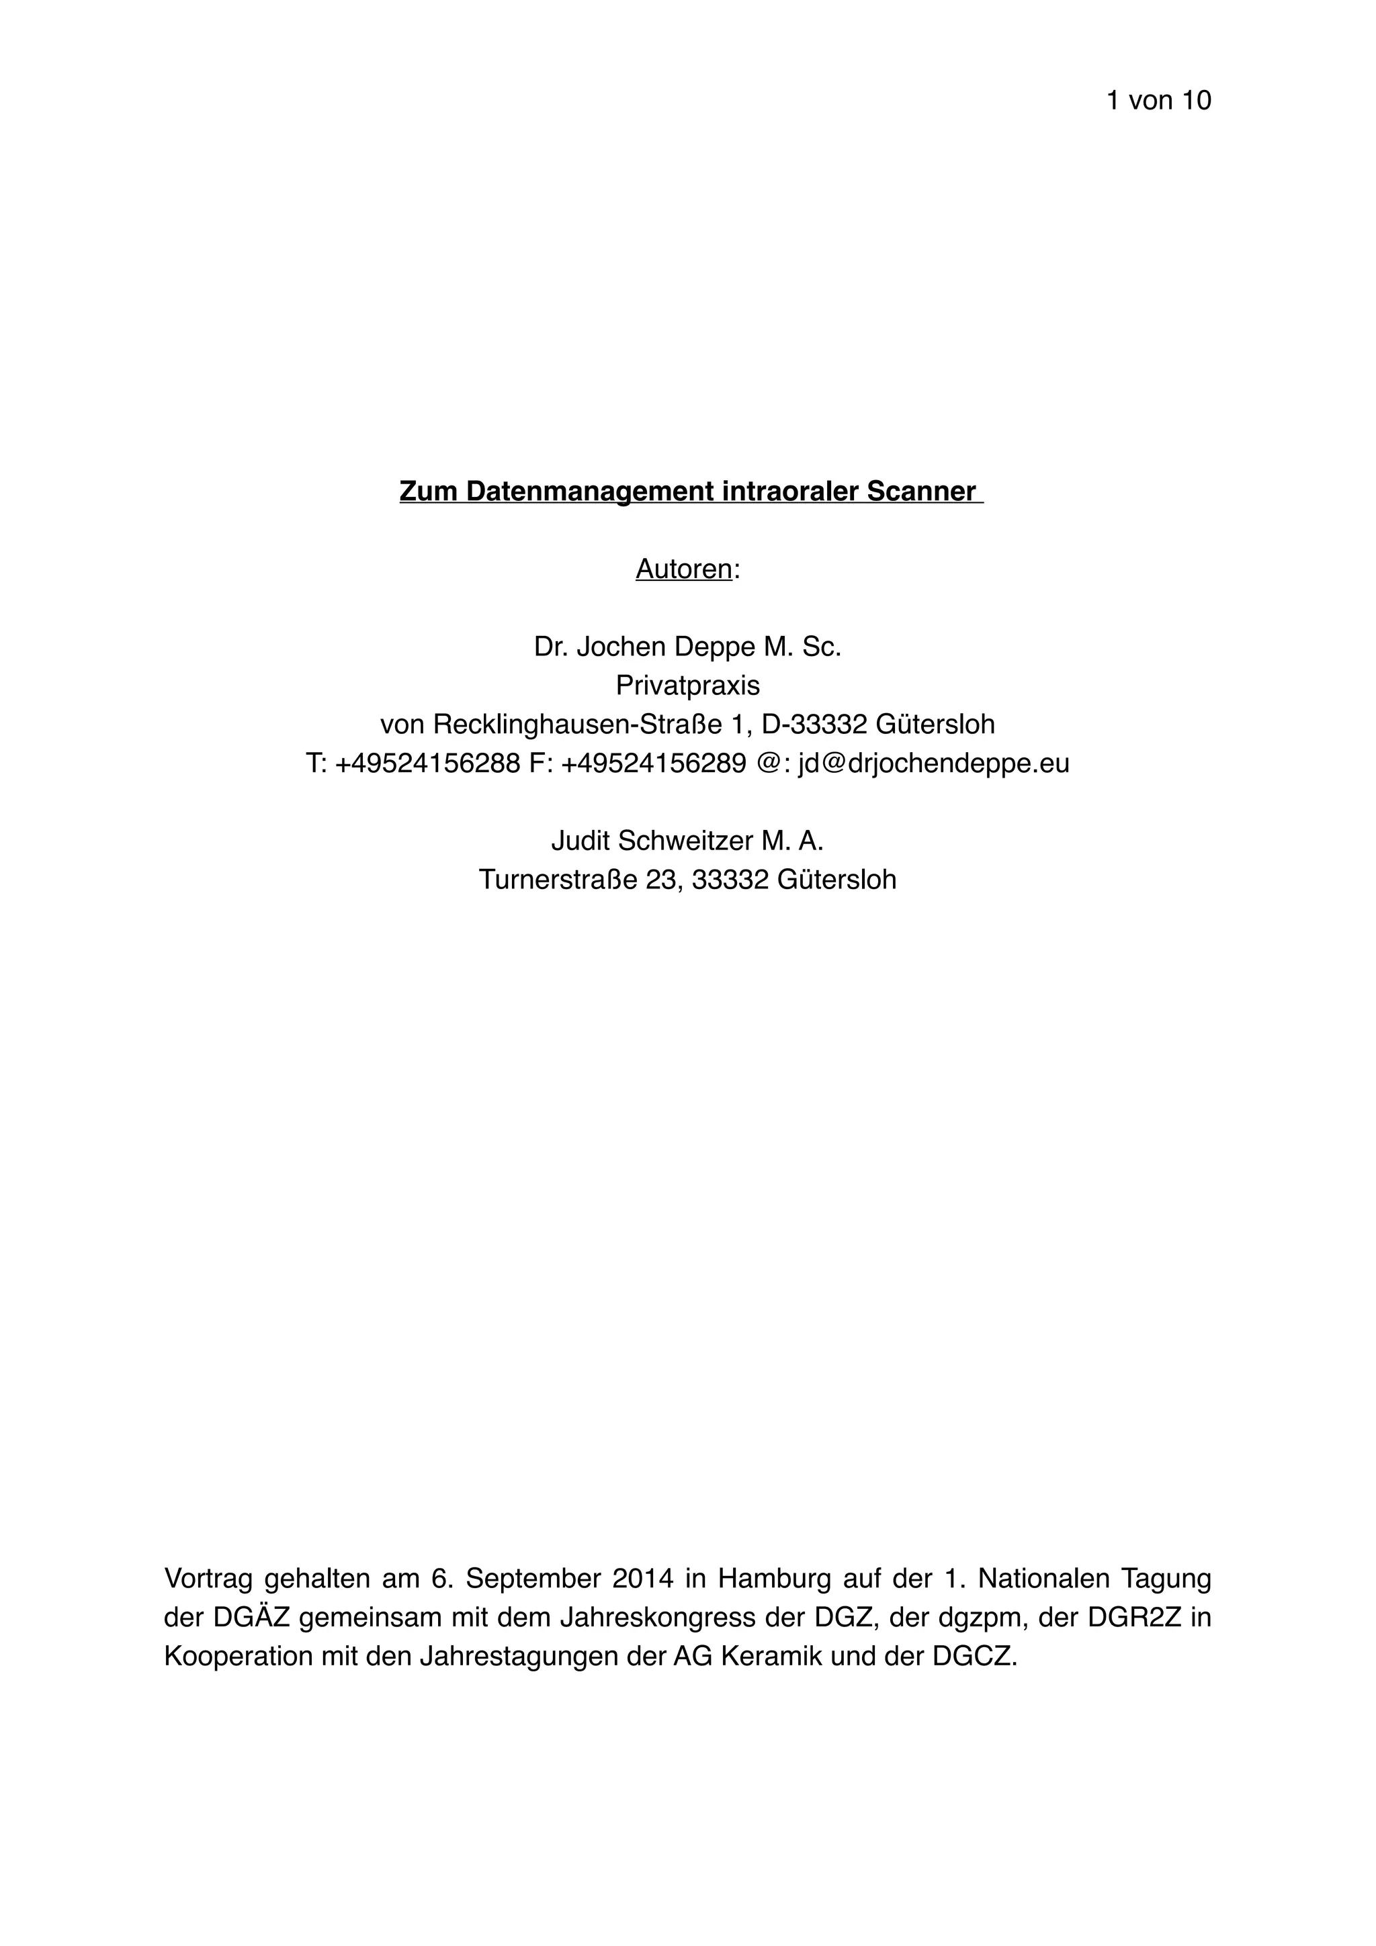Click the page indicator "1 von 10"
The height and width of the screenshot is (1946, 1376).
coord(1158,101)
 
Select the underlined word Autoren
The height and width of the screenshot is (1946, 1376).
coord(683,569)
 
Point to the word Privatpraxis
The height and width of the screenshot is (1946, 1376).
coord(687,685)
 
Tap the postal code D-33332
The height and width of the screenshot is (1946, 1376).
coord(814,724)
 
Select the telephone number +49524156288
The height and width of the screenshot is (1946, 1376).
coord(427,763)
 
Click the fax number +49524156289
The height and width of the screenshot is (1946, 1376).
coord(654,763)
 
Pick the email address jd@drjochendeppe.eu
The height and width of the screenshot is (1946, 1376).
coord(933,763)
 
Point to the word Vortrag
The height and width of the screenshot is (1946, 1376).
coord(208,1578)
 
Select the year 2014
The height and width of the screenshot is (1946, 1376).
coord(642,1578)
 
